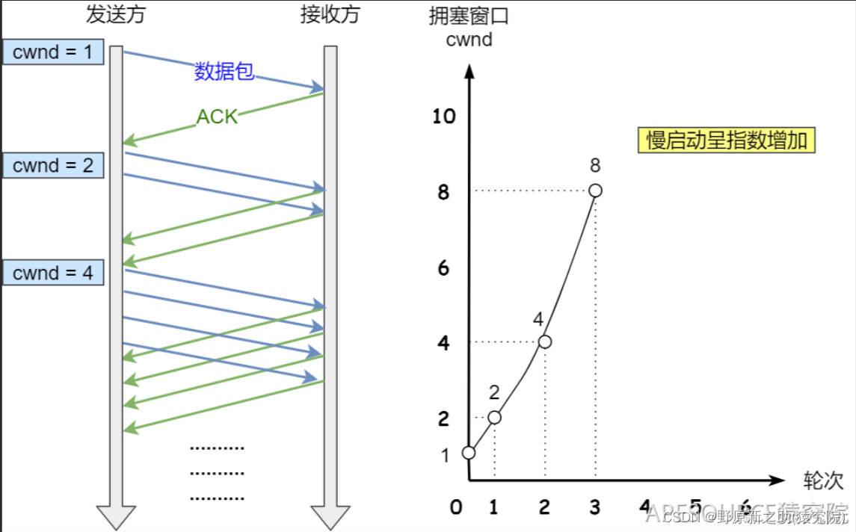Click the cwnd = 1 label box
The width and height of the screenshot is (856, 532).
coord(53,52)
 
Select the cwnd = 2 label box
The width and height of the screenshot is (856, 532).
coord(53,165)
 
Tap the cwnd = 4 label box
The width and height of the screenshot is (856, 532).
coord(53,273)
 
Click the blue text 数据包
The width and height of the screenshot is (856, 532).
coord(224,71)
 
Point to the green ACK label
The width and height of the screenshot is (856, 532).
coord(217,117)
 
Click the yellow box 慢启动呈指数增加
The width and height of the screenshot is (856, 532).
coord(726,140)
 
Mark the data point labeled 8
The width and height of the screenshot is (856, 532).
coord(595,191)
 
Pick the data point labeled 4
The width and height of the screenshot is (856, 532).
coord(545,341)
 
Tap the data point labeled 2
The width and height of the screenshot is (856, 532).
coord(494,417)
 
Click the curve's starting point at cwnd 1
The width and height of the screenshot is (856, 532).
coord(469,453)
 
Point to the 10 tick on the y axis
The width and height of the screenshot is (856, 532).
coord(443,116)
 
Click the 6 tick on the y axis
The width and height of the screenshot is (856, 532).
coord(443,267)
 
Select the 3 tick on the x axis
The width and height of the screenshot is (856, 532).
coord(595,507)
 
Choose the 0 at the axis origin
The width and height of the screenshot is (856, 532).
coord(456,507)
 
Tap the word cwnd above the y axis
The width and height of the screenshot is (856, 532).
coord(469,39)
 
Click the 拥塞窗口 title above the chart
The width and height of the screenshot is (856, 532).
coord(469,16)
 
